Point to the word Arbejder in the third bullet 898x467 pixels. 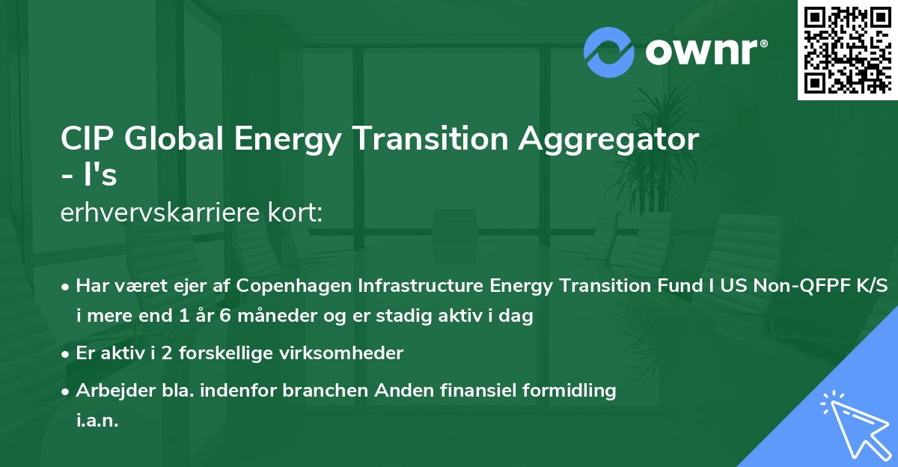108,390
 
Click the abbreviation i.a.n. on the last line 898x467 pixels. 97,421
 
